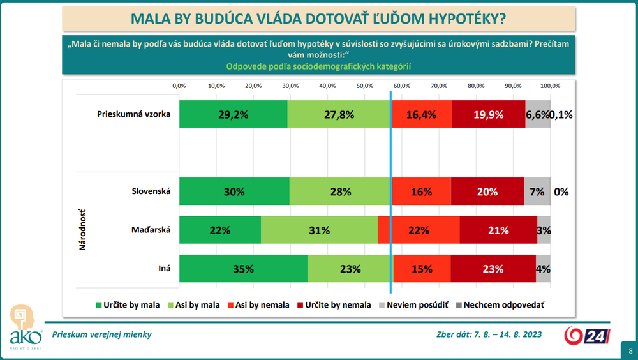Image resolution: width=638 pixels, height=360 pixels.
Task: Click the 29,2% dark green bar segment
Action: click(233, 115)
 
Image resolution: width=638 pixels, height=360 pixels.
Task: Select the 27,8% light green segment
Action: click(339, 115)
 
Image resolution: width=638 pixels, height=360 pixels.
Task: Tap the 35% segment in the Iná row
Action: click(243, 269)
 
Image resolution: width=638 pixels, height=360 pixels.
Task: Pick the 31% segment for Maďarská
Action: click(319, 230)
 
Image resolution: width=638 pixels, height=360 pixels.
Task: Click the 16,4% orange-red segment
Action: click(421, 115)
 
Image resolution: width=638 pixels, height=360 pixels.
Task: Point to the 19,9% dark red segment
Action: click(488, 115)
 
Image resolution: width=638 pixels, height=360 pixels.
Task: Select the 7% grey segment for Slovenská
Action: click(537, 191)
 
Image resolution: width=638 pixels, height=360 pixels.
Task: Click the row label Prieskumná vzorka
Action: click(134, 115)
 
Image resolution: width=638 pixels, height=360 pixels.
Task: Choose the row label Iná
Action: click(164, 269)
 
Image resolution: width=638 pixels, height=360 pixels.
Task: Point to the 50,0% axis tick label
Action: click(365, 86)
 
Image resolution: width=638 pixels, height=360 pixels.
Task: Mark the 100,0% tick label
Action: click(550, 86)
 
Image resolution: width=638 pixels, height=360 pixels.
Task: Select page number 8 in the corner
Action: click(630, 350)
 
